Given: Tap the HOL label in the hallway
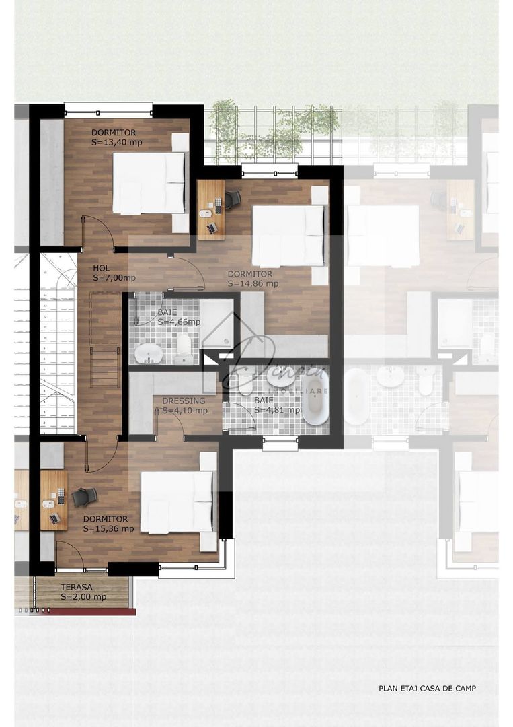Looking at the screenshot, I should pos(102,268).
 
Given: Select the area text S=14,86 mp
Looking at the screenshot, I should pos(252,283).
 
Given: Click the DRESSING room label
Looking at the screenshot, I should pos(184,401).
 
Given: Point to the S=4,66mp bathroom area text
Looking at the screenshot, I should pos(179,322).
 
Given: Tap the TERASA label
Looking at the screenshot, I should pos(77,587).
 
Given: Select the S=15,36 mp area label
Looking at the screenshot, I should pos(109,528).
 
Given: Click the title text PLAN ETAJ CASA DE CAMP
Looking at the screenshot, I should pos(428,688).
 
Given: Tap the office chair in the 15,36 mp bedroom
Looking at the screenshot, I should pos(84,497).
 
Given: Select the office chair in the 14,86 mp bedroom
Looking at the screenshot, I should pos(232,199).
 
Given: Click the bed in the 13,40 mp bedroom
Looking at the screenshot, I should pos(149,183).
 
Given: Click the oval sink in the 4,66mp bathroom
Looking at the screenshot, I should pos(148,352).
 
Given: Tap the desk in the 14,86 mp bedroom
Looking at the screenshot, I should pos(211,209).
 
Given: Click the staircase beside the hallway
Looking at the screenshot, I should pos(58,343).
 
